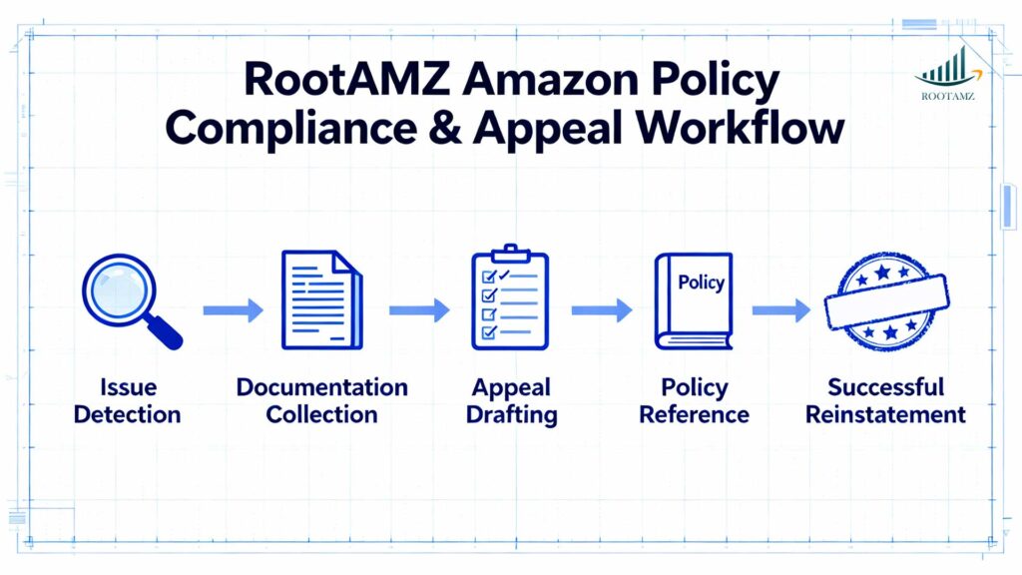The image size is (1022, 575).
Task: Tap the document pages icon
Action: pyautogui.click(x=321, y=299)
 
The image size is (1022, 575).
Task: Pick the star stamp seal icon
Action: pyautogui.click(x=886, y=298)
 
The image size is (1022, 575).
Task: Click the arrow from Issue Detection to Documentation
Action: pyautogui.click(x=233, y=310)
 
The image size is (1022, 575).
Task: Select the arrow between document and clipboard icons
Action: pyautogui.click(x=419, y=310)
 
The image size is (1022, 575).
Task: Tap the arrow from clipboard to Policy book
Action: pyautogui.click(x=602, y=310)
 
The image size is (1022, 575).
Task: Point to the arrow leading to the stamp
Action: pyautogui.click(x=780, y=310)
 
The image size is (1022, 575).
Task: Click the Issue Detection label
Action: pyautogui.click(x=127, y=400)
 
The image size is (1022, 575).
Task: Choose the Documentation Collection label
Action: pyautogui.click(x=321, y=400)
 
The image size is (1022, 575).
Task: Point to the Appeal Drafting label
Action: pyautogui.click(x=512, y=400)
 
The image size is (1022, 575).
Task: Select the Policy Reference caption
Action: pyautogui.click(x=694, y=400)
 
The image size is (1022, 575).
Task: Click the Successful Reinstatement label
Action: pyautogui.click(x=885, y=400)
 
